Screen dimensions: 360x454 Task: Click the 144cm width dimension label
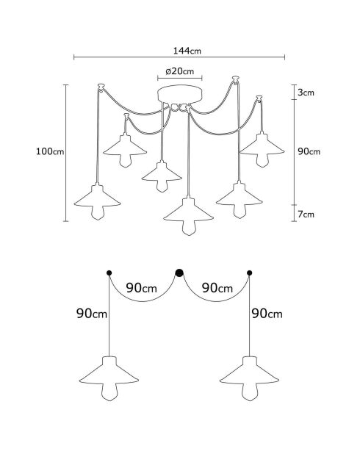click(x=187, y=51)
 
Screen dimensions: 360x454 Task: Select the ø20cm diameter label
click(x=180, y=71)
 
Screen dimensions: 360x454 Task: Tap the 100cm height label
click(x=50, y=151)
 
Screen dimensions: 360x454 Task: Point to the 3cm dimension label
click(x=306, y=93)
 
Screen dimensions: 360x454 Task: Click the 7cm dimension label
click(x=306, y=215)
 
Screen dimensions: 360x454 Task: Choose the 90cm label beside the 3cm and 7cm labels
click(x=309, y=151)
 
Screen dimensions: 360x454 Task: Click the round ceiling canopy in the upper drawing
click(x=180, y=93)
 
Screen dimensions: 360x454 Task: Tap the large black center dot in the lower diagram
click(x=179, y=273)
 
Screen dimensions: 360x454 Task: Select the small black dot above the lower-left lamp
click(x=109, y=273)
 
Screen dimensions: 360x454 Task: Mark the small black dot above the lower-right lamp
click(x=249, y=273)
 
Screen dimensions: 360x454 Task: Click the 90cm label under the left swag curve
click(x=141, y=288)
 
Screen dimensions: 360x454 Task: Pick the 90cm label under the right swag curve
click(x=217, y=288)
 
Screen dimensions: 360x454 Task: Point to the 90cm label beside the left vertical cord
click(x=92, y=313)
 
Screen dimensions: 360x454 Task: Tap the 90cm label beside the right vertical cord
click(x=267, y=313)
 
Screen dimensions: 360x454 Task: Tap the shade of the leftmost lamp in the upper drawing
click(x=97, y=196)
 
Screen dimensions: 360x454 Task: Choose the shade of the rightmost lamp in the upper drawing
click(x=262, y=144)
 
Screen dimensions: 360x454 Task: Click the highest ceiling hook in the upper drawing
click(x=236, y=79)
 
